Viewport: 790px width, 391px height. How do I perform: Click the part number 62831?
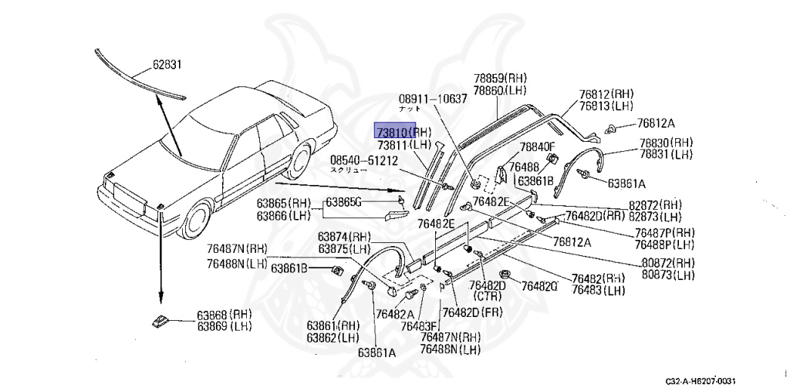[x=166, y=65]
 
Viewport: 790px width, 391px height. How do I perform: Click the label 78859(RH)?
[x=499, y=78]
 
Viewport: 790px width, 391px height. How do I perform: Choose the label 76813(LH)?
[x=606, y=106]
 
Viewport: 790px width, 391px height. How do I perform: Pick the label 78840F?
[x=537, y=147]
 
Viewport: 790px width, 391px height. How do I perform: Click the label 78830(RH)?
[x=666, y=143]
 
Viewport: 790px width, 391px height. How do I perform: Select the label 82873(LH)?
[x=656, y=217]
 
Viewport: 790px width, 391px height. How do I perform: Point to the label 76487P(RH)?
[x=665, y=233]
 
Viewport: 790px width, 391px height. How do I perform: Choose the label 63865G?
[x=343, y=202]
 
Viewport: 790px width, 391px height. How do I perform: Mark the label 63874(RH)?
[x=345, y=237]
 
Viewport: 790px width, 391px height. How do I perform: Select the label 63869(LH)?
[x=224, y=327]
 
